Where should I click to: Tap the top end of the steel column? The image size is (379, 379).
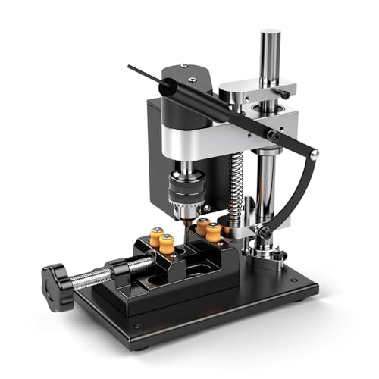point(270,36)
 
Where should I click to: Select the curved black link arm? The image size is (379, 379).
point(296,189)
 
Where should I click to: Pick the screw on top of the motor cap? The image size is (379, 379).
point(184,69)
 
